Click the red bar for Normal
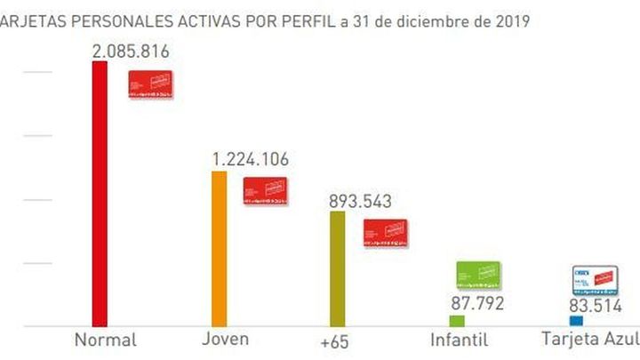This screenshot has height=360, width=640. click(x=100, y=194)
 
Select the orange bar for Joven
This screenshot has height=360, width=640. click(x=219, y=249)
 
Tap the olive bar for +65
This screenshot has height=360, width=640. click(x=337, y=269)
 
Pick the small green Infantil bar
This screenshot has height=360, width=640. click(x=457, y=321)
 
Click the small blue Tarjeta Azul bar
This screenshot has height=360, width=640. click(x=576, y=321)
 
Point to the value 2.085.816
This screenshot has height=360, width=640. click(x=130, y=52)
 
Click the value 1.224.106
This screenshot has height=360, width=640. click(x=250, y=160)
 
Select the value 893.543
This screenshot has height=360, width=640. click(x=359, y=201)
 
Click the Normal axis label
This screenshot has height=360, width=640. click(x=105, y=340)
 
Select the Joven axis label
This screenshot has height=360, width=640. click(x=225, y=340)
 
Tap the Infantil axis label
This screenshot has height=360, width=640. click(x=459, y=340)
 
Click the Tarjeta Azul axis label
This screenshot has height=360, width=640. click(x=590, y=340)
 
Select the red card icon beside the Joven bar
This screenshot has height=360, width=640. click(x=265, y=191)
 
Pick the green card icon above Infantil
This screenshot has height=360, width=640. click(x=478, y=276)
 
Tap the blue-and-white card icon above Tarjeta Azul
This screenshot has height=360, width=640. click(x=595, y=280)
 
